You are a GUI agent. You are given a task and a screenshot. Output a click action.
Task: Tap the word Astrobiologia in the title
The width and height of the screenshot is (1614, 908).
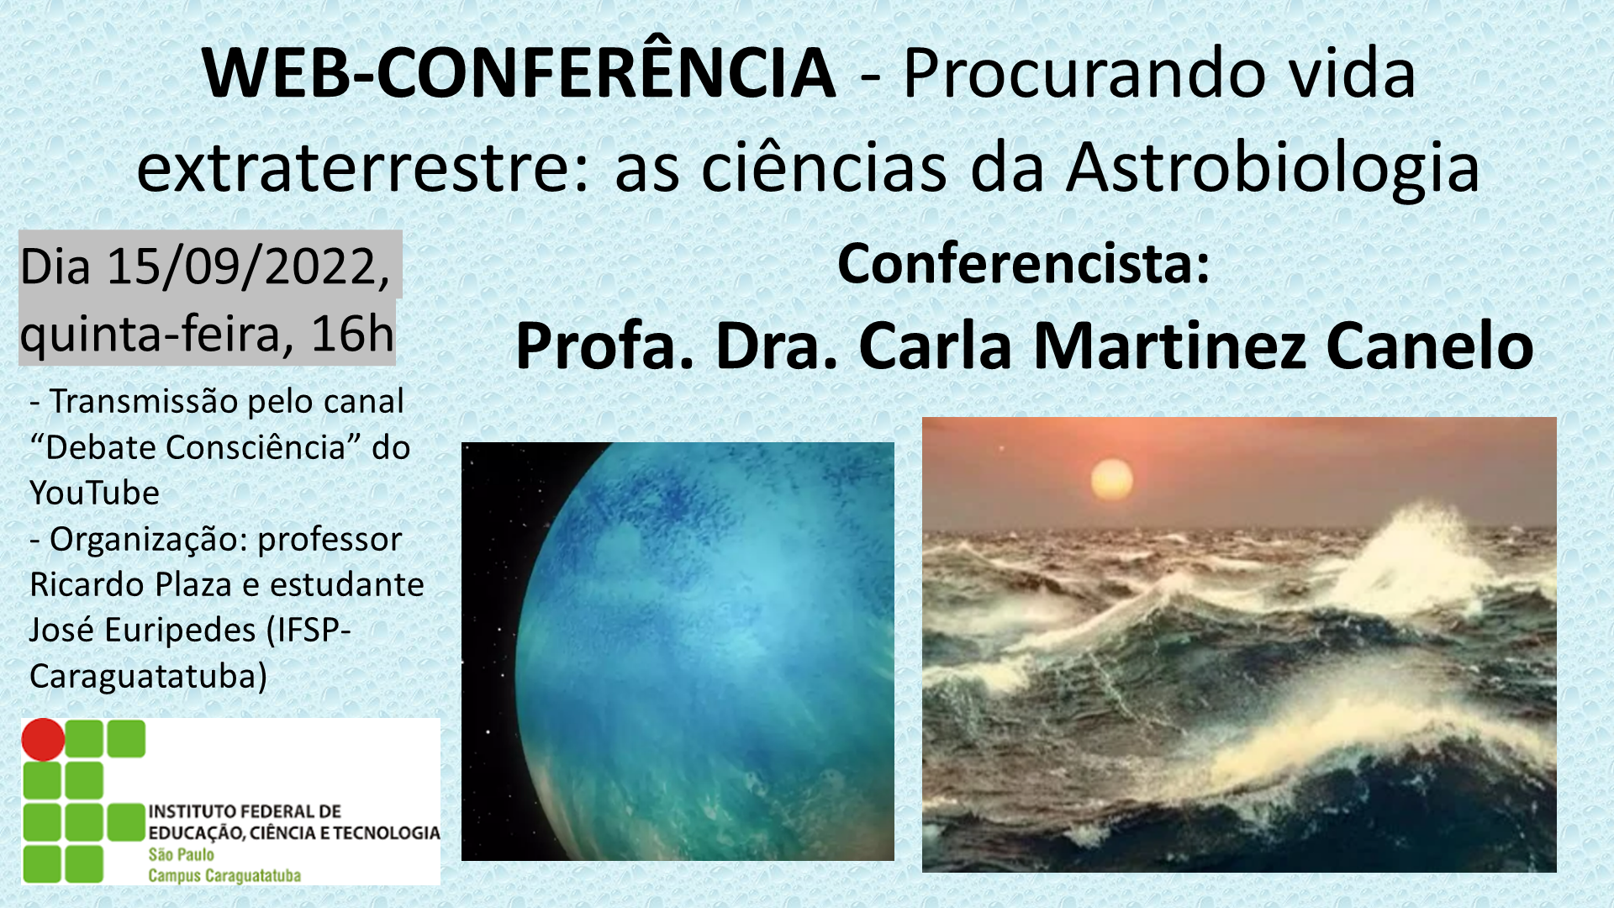click(1273, 166)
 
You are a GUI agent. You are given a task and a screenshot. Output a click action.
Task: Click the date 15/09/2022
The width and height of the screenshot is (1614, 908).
click(249, 267)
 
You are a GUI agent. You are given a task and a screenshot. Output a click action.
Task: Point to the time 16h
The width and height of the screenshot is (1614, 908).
click(352, 333)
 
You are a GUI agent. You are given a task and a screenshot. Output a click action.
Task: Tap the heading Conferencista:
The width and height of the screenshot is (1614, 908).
click(1023, 264)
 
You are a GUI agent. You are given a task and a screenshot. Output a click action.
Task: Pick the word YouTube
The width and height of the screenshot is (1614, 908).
click(94, 493)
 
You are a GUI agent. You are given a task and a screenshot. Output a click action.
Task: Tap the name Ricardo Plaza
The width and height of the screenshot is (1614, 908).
click(130, 584)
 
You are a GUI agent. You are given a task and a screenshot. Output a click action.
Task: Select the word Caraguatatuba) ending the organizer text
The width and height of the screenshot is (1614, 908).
click(148, 676)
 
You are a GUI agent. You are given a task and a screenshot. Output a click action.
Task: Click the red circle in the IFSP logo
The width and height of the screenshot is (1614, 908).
click(43, 740)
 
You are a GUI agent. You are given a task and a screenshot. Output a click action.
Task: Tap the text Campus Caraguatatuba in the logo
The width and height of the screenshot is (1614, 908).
click(224, 876)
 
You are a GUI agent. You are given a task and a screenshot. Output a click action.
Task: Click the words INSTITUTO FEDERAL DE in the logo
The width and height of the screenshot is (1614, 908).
click(245, 811)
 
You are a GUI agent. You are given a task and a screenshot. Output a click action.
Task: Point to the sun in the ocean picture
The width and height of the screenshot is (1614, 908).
click(1111, 481)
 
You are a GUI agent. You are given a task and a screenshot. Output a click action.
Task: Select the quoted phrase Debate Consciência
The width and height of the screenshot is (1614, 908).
click(196, 447)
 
